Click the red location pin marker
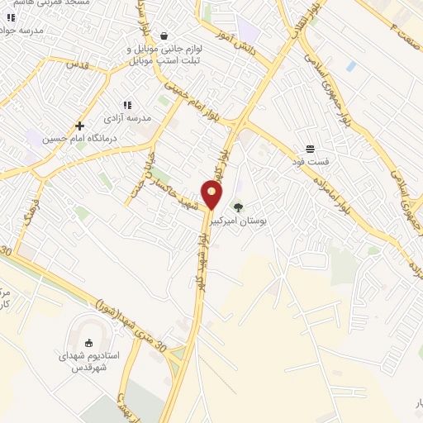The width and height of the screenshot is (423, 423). [212, 195]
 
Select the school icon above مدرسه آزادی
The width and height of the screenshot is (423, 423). [127, 105]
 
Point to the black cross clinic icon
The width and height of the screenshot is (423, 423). [79, 126]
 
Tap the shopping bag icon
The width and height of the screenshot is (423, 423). [164, 36]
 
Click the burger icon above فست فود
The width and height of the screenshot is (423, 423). [309, 149]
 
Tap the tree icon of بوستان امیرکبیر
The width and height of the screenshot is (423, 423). [239, 207]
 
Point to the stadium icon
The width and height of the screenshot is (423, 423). [89, 342]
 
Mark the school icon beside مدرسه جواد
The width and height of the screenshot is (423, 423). [11, 17]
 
